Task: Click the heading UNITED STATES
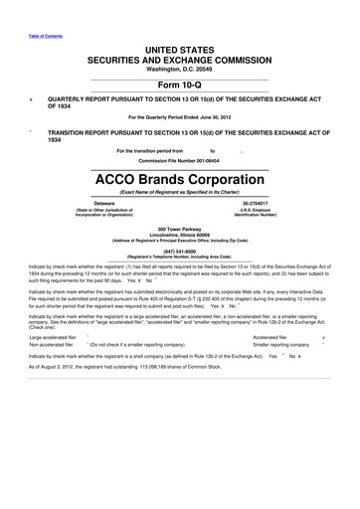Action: click(x=180, y=48)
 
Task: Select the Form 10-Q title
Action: click(x=180, y=84)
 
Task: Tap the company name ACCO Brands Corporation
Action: click(x=180, y=181)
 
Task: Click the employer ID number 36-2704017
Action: click(x=256, y=203)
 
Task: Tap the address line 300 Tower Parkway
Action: click(x=180, y=228)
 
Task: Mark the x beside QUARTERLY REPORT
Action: click(x=31, y=99)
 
